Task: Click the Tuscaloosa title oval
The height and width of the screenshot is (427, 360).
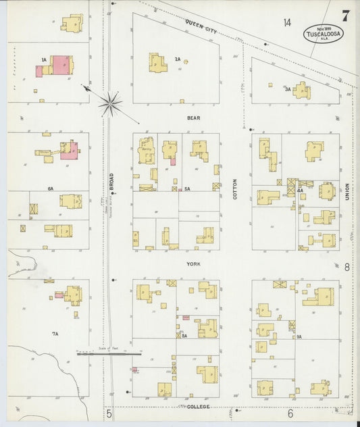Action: tap(323, 34)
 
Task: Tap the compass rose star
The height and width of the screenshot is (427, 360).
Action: tap(110, 103)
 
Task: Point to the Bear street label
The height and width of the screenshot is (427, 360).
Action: tap(193, 118)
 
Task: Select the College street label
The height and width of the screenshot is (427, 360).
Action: tap(199, 407)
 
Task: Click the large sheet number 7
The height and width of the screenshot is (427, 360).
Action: tap(345, 14)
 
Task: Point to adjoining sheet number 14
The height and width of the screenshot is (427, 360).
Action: tap(287, 23)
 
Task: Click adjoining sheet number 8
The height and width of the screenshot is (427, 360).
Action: tap(347, 268)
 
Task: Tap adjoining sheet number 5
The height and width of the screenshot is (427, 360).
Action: tap(108, 413)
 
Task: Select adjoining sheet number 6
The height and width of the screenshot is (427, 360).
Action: tap(290, 413)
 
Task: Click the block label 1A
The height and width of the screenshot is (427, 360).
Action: tap(44, 60)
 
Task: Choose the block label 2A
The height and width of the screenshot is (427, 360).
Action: tap(178, 59)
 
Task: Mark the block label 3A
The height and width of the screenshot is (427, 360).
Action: tap(288, 89)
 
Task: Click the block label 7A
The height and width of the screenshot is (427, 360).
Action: tap(55, 334)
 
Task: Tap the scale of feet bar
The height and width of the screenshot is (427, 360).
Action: tap(109, 353)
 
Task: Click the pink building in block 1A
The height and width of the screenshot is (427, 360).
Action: tap(61, 64)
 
